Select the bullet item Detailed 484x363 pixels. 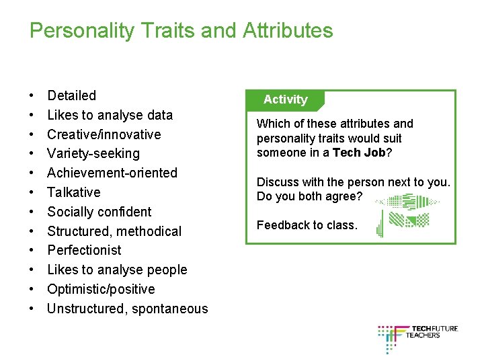[x=71, y=95]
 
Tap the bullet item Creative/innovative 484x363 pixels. [x=104, y=134]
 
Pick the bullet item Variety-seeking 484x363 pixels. [x=93, y=154]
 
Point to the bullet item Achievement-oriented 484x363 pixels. [x=112, y=173]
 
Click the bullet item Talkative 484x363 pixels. [x=73, y=192]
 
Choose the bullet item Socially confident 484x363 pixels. [x=99, y=212]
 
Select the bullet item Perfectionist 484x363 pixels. [x=84, y=250]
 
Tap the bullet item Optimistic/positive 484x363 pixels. [x=101, y=289]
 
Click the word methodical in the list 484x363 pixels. [x=151, y=231]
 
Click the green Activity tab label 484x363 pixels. [x=285, y=99]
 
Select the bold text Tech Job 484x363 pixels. [x=359, y=153]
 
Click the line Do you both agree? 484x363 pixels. [x=309, y=196]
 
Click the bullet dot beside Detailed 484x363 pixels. [x=32, y=96]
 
